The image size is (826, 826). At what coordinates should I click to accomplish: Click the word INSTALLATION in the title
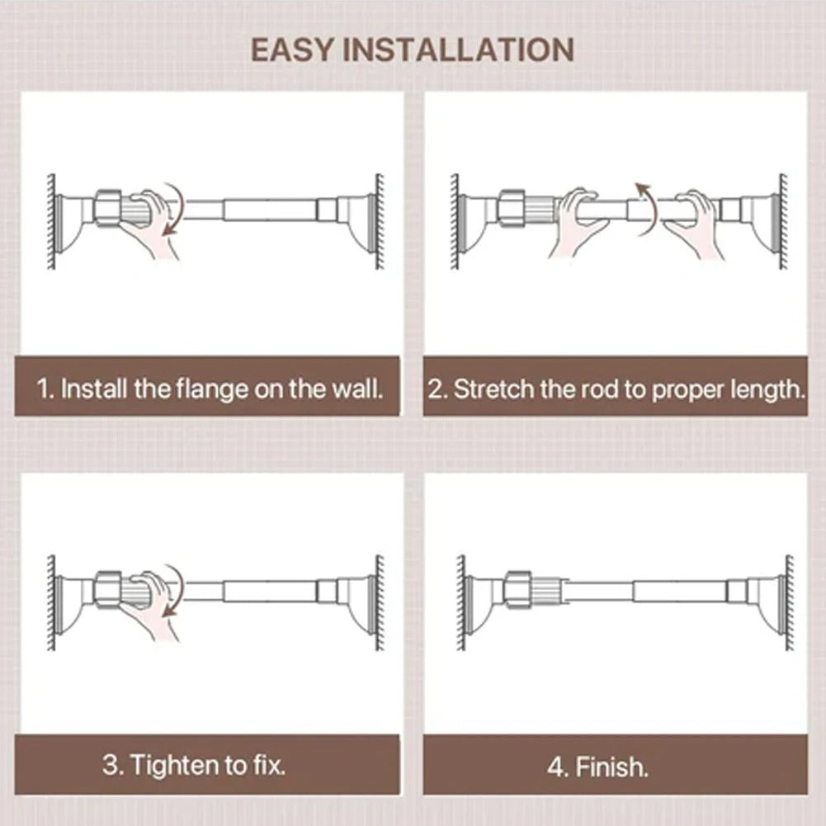(459, 50)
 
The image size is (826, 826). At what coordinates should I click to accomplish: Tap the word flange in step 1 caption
(210, 388)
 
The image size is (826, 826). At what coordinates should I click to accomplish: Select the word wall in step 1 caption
(356, 388)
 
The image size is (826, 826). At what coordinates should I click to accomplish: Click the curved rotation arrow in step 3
(173, 591)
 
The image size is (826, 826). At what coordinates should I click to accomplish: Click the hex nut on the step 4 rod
(517, 590)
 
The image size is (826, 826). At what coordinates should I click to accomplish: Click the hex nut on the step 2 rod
(511, 208)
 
